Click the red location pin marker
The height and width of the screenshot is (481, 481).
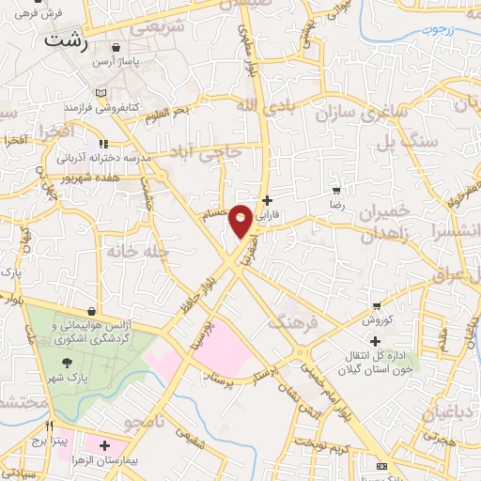[241, 221]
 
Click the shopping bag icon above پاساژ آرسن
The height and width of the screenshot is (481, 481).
[116, 46]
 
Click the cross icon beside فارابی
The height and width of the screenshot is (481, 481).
[268, 199]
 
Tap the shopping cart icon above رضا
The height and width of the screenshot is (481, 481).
[336, 189]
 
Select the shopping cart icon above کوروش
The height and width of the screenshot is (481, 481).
[377, 306]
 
